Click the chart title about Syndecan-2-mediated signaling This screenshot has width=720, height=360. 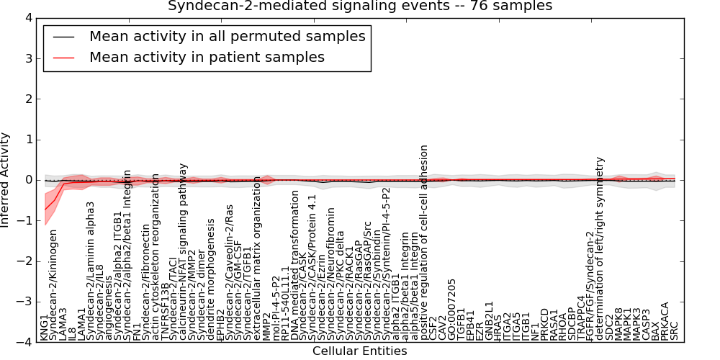coord(360,6)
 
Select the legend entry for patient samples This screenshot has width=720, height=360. coord(207,57)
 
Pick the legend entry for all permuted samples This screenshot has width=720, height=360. coord(227,36)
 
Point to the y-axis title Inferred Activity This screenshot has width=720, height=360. coord(6,180)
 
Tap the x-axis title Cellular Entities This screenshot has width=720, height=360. coord(359,351)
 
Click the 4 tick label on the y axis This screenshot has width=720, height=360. coord(27,18)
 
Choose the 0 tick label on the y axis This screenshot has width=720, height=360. coord(27,180)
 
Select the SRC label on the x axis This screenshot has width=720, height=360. coord(675,330)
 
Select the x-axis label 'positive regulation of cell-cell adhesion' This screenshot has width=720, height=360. coord(424,241)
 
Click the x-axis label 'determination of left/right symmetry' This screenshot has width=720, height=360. coord(599,248)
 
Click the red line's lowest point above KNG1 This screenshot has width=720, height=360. coord(45,210)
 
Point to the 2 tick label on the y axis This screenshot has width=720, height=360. coord(27,99)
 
